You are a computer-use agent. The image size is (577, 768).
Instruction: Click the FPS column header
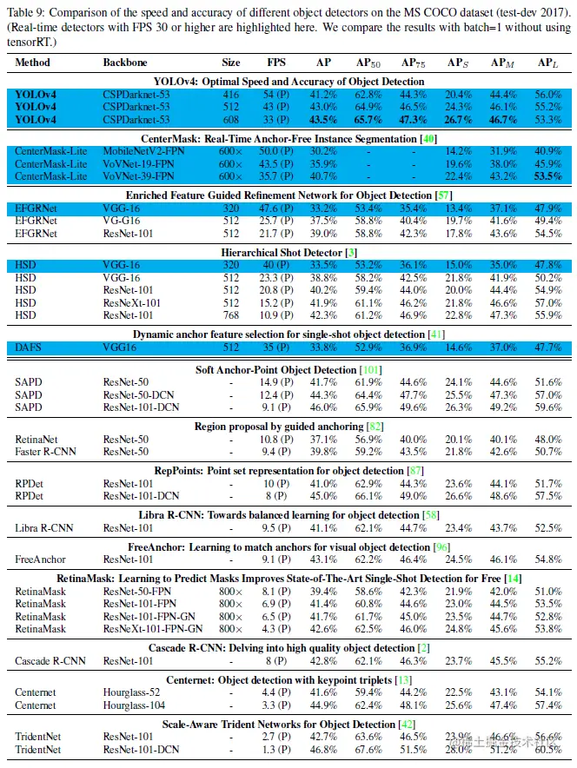[x=275, y=63]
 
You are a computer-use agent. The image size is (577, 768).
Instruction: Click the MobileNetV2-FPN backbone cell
[x=143, y=150]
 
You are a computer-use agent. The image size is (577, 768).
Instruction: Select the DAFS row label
[x=29, y=348]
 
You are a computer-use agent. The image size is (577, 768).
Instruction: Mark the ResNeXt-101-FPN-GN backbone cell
[x=151, y=628]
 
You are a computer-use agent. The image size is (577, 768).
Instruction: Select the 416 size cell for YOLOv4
[x=231, y=94]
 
